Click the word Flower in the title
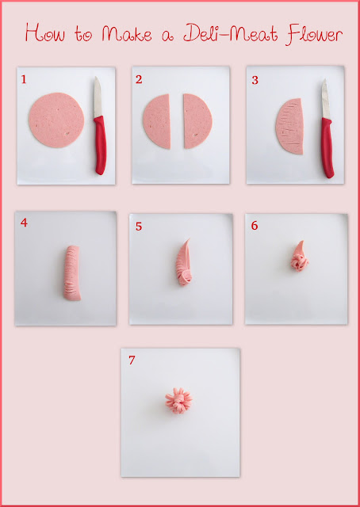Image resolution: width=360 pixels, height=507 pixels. pyautogui.click(x=314, y=34)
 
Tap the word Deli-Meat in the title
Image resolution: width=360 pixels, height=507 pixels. pyautogui.click(x=231, y=33)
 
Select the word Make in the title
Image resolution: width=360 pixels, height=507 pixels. pyautogui.click(x=127, y=33)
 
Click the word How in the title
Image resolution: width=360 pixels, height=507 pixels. pyautogui.click(x=45, y=32)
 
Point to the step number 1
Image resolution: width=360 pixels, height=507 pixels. pyautogui.click(x=24, y=79)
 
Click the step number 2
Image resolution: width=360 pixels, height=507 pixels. pyautogui.click(x=139, y=79)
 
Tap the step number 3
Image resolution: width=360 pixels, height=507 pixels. pyautogui.click(x=255, y=80)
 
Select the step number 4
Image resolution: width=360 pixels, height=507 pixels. pyautogui.click(x=24, y=223)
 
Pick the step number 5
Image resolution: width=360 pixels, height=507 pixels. pyautogui.click(x=139, y=227)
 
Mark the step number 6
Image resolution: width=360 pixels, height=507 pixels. pyautogui.click(x=255, y=226)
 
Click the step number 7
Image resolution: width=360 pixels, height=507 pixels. pyautogui.click(x=132, y=360)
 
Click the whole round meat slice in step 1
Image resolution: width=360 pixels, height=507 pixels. pyautogui.click(x=56, y=120)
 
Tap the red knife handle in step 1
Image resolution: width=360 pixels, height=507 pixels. pyautogui.click(x=101, y=145)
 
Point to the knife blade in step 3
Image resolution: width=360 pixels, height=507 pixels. pyautogui.click(x=326, y=99)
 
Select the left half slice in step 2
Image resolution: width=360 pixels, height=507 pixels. pyautogui.click(x=157, y=121)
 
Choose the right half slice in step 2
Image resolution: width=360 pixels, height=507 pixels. pyautogui.click(x=197, y=121)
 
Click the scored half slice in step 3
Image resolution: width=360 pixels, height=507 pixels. pyautogui.click(x=289, y=126)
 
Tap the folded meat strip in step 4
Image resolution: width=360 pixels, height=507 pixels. pyautogui.click(x=72, y=273)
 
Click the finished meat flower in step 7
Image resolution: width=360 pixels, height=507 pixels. pyautogui.click(x=178, y=401)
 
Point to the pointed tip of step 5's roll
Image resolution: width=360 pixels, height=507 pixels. pyautogui.click(x=189, y=239)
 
